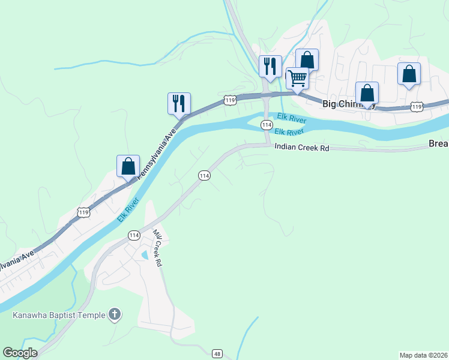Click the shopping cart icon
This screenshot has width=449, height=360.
(297, 78)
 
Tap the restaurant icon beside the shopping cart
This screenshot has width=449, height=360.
(270, 65)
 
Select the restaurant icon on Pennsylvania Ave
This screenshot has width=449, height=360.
(179, 103)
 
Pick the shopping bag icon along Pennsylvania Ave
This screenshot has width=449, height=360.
(128, 166)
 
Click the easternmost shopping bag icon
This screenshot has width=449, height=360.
(409, 74)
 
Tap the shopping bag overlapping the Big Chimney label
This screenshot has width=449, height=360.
(367, 94)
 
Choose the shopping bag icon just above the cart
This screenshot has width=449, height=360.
(307, 59)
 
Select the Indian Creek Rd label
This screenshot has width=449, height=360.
(303, 147)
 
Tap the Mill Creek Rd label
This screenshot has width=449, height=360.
(157, 247)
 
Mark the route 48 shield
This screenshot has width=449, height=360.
(217, 353)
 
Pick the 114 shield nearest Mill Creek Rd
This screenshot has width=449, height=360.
(133, 236)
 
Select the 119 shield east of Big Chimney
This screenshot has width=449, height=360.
(417, 106)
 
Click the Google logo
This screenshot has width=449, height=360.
(20, 353)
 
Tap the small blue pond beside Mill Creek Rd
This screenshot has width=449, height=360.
(143, 255)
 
